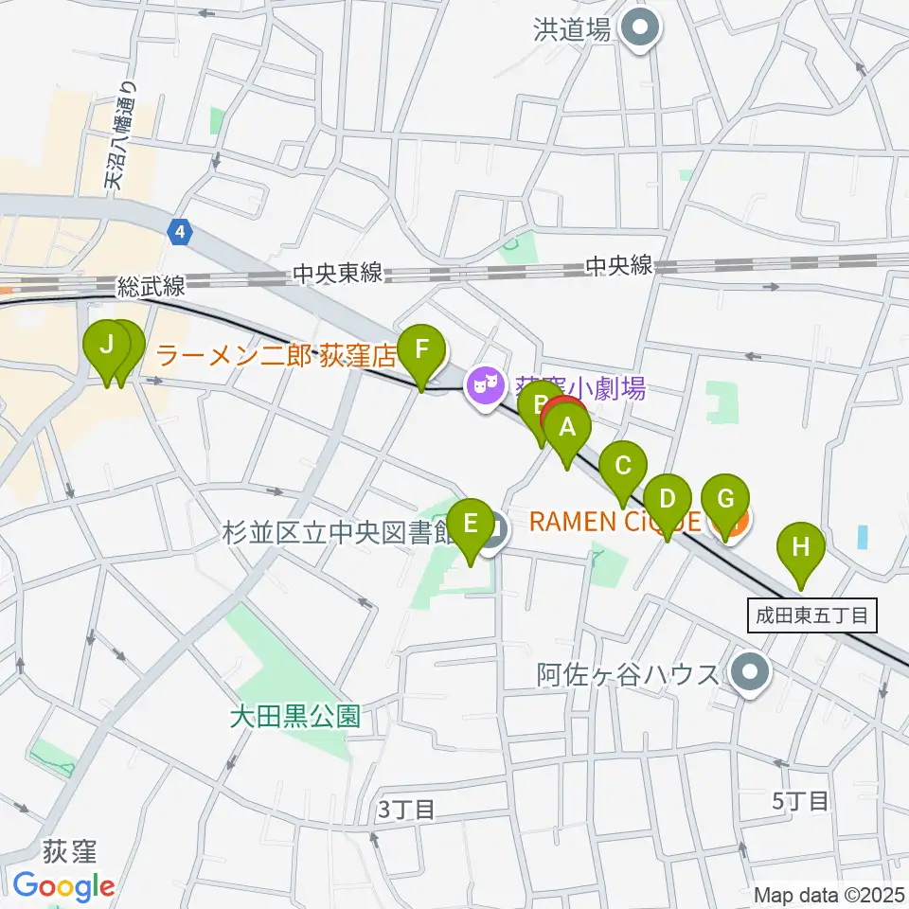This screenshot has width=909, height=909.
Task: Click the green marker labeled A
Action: [567, 428]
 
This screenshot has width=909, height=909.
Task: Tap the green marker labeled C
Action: [623, 467]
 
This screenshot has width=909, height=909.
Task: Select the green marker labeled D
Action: [668, 499]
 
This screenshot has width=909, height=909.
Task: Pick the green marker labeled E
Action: [470, 524]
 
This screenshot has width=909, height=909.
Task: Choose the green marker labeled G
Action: [726, 499]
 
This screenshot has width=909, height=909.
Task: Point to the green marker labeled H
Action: [801, 547]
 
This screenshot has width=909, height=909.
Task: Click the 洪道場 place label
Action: [571, 30]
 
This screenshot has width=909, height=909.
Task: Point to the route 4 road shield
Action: [180, 230]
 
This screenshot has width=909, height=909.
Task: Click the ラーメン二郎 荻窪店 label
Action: [275, 356]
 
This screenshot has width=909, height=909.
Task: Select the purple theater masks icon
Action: [485, 385]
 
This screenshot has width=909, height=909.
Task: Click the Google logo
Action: [64, 886]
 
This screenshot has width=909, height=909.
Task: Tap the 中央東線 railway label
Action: [337, 274]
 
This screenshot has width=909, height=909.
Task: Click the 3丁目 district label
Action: [406, 810]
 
